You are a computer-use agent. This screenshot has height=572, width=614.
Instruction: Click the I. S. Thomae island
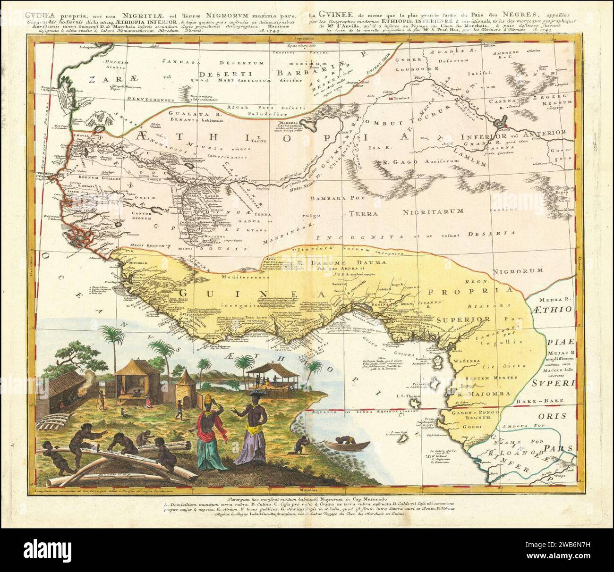[415, 404]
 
